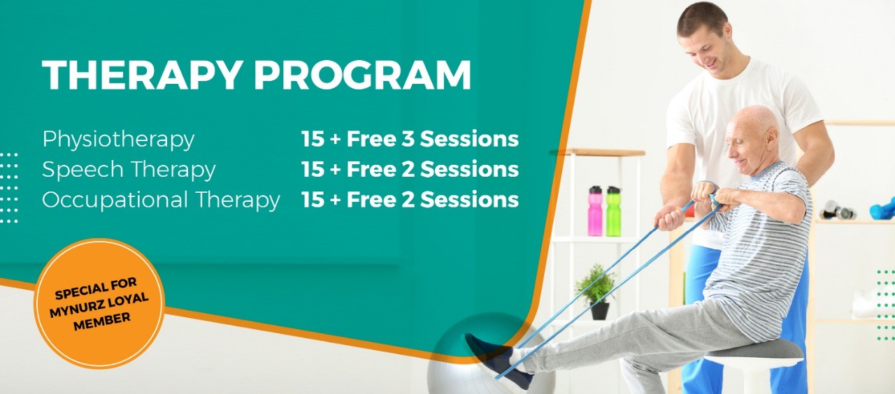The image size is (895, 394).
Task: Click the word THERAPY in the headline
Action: [142, 75]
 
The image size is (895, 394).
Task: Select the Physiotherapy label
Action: [118, 140]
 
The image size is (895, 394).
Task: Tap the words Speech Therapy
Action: [129, 170]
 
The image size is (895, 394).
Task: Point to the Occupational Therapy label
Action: [161, 200]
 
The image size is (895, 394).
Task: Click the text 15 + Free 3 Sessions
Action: [410, 139]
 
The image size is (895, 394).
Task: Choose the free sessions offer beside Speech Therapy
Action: [410, 169]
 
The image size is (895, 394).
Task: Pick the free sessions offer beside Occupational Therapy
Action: [410, 199]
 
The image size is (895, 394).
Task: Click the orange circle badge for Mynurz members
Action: [99, 303]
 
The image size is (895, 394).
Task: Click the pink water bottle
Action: [595, 211]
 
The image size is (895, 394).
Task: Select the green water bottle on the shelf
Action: [613, 211]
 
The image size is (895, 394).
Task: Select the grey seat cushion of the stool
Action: [754, 350]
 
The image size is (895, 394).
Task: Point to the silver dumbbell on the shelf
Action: [837, 210]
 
